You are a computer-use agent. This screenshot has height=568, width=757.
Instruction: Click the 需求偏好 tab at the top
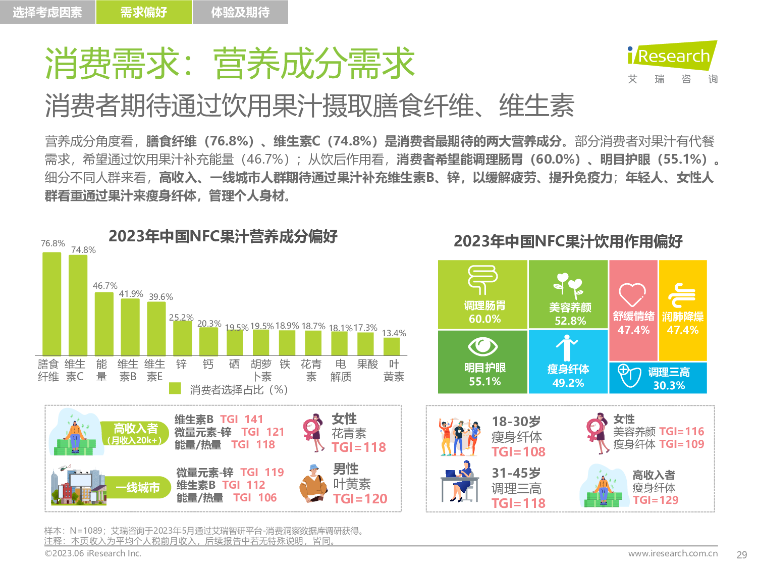[144, 12]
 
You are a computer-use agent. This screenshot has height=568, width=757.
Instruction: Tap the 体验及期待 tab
[240, 12]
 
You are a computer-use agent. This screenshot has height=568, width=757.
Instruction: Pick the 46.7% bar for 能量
[104, 323]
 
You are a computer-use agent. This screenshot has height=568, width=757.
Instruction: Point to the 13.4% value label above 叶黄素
[394, 333]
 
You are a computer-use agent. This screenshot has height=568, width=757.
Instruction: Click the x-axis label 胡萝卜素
[261, 370]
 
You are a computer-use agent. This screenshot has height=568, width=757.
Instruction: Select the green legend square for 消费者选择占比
[175, 388]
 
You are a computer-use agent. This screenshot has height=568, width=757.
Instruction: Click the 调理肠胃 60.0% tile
[483, 294]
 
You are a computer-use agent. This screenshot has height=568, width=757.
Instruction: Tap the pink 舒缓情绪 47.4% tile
[633, 310]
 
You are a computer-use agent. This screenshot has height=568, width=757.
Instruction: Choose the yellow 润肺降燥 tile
[683, 310]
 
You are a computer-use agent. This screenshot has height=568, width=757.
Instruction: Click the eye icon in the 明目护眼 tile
[483, 346]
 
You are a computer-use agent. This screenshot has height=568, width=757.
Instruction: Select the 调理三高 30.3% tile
[658, 378]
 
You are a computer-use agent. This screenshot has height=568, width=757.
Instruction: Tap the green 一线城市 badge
[138, 487]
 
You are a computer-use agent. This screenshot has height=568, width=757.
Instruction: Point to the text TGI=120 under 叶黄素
[360, 499]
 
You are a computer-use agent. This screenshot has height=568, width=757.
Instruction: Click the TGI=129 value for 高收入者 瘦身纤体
[656, 500]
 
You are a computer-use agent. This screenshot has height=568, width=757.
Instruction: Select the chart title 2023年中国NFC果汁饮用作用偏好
[568, 241]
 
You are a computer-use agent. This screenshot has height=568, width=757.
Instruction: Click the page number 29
[741, 555]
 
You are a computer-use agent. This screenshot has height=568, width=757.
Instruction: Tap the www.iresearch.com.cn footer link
[673, 553]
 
